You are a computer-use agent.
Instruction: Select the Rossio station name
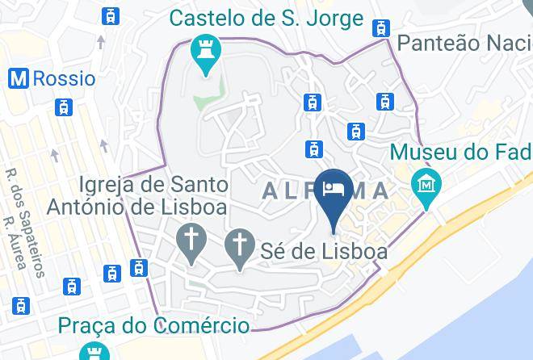(x=64, y=78)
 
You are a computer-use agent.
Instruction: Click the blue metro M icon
(x=19, y=78)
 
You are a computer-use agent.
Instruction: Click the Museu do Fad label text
(x=460, y=152)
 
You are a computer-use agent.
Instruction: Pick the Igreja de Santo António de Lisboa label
(x=136, y=195)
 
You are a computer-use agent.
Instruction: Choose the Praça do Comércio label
(x=153, y=326)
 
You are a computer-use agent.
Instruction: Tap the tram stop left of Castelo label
(x=111, y=15)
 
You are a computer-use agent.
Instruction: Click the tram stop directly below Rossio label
(x=63, y=107)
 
